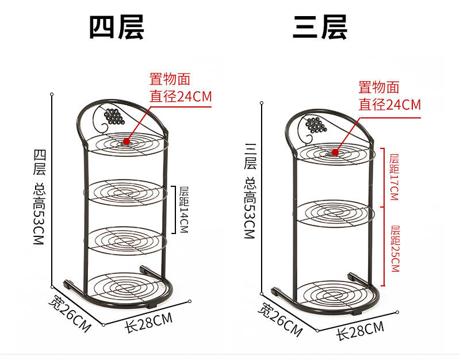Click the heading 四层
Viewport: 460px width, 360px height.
pyautogui.click(x=116, y=27)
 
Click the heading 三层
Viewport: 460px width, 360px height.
pyautogui.click(x=320, y=27)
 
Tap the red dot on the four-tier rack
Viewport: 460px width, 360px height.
pyautogui.click(x=126, y=140)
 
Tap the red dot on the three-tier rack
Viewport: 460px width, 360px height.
pyautogui.click(x=335, y=152)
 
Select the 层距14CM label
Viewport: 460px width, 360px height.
pyautogui.click(x=183, y=209)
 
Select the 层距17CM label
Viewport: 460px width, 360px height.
pyautogui.click(x=394, y=177)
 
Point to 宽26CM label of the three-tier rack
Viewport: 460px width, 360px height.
pyautogui.click(x=279, y=320)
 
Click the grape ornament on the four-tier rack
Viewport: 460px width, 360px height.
pyautogui.click(x=113, y=116)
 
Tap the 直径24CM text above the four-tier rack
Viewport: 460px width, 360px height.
pyautogui.click(x=181, y=97)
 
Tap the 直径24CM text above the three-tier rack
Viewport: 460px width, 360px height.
pyautogui.click(x=389, y=105)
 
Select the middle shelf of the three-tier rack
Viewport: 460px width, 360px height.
pyautogui.click(x=333, y=212)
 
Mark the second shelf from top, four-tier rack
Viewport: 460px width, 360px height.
pyautogui.click(x=125, y=191)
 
